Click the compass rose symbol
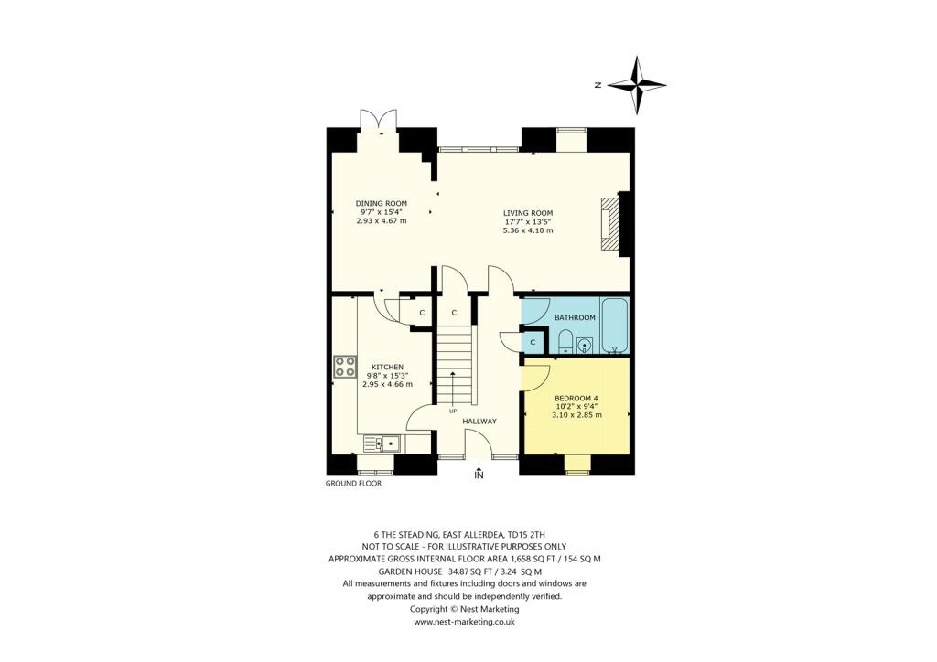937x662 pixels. [x=637, y=85]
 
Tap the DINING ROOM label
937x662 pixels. [x=382, y=203]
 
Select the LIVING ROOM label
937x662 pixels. [x=528, y=213]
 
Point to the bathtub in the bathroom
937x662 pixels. [x=613, y=324]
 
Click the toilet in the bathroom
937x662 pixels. [x=565, y=343]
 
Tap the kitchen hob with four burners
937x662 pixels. [x=346, y=367]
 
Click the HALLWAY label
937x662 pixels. [x=479, y=422]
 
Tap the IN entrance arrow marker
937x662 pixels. [x=479, y=473]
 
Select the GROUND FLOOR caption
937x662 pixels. [x=353, y=484]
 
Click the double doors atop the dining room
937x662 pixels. [x=378, y=121]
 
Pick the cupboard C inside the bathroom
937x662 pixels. [x=533, y=342]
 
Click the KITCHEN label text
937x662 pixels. [x=381, y=366]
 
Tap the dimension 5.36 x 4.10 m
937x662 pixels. [x=528, y=230]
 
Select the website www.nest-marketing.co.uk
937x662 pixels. [x=465, y=621]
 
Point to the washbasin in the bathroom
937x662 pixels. [x=586, y=344]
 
